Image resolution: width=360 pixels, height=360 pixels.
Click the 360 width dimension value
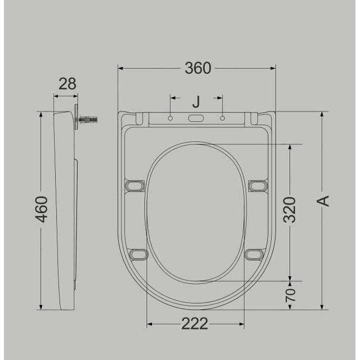tap(197, 68)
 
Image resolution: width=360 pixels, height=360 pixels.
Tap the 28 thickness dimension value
tap(67, 84)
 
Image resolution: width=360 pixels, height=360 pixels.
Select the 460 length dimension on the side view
tap(42, 209)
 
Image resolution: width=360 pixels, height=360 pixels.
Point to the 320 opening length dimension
tap(289, 210)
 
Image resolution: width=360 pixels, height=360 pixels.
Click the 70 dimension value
tap(290, 295)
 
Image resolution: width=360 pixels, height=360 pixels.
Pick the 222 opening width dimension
tap(195, 324)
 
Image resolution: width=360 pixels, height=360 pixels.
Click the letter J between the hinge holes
tap(196, 102)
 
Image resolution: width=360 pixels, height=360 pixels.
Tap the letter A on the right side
tap(322, 201)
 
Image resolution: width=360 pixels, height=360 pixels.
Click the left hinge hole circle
tap(170, 118)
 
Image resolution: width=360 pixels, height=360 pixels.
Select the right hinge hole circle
tap(222, 118)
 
